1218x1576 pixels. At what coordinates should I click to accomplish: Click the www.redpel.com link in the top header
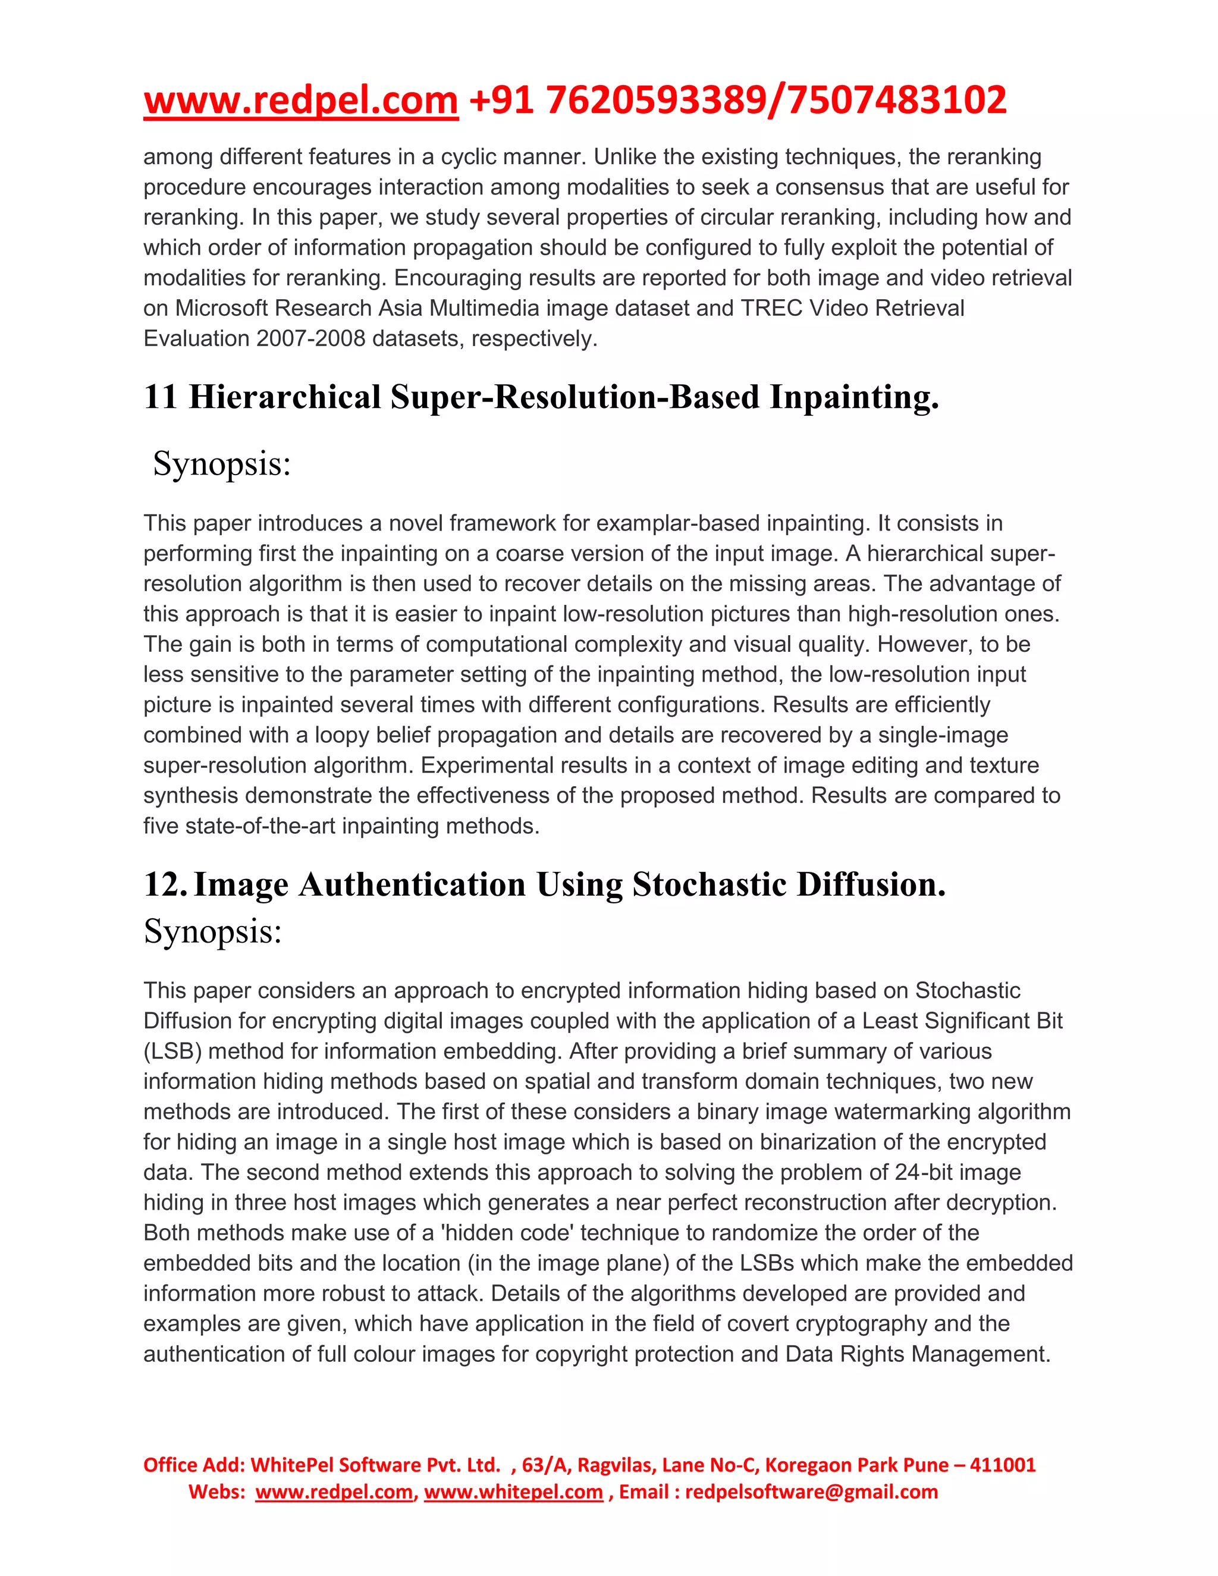pos(301,101)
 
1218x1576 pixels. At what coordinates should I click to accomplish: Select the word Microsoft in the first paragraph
pos(222,308)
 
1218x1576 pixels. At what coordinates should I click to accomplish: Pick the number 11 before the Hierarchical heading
pos(160,398)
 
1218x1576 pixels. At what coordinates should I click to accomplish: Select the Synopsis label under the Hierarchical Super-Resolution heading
pos(221,464)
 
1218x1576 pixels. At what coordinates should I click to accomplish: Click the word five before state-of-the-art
pos(162,826)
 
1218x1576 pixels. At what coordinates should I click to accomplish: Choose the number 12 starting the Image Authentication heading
pos(165,885)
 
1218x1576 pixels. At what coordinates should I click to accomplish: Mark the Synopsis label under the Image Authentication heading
pos(213,931)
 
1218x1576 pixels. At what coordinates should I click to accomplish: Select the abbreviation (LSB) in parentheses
pos(172,1051)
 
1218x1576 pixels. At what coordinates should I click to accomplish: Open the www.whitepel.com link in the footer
pos(513,1492)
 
